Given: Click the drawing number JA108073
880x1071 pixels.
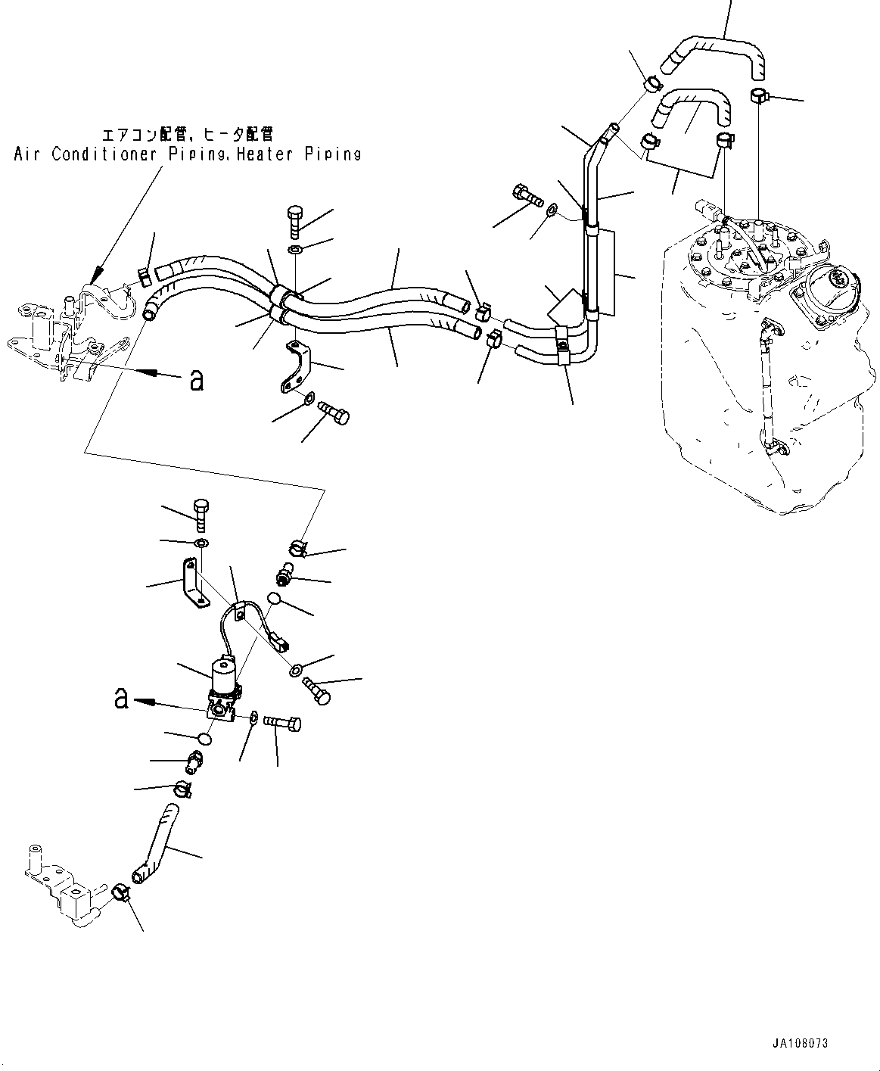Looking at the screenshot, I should pos(800,1043).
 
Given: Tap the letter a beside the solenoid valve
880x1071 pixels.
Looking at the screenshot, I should pos(121,698).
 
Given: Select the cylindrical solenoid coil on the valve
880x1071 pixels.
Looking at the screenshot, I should pos(224,672).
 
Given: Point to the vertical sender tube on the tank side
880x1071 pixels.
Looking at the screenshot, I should pos(767,386).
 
